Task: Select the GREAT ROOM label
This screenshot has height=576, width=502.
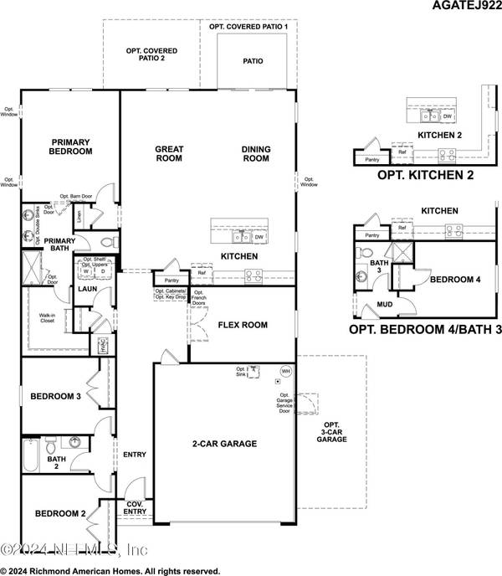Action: pyautogui.click(x=169, y=154)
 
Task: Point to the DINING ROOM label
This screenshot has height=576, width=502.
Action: pyautogui.click(x=256, y=154)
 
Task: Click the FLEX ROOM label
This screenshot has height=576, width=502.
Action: pyautogui.click(x=242, y=324)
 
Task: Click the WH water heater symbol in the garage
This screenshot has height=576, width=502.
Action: pyautogui.click(x=285, y=372)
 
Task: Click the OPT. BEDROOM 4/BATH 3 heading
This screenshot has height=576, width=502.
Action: pyautogui.click(x=425, y=330)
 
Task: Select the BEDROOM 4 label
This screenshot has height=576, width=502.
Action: pyautogui.click(x=454, y=280)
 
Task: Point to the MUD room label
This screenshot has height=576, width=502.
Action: pyautogui.click(x=386, y=305)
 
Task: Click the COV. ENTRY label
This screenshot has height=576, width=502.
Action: pyautogui.click(x=134, y=506)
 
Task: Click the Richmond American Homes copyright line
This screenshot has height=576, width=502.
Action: pyautogui.click(x=110, y=571)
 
